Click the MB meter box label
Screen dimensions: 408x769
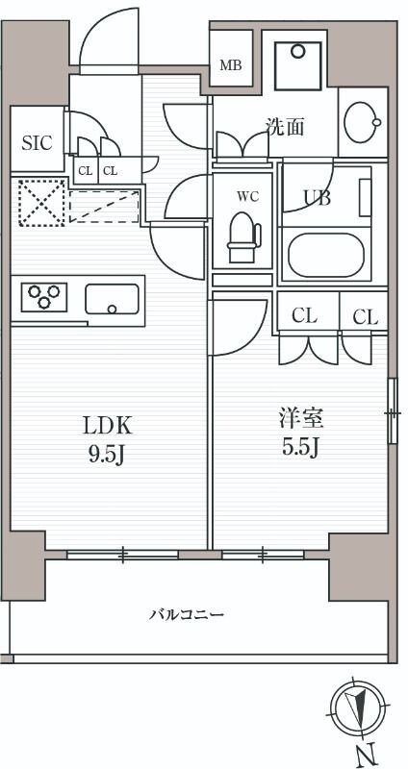tap(231, 65)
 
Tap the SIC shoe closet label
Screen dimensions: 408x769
tap(37, 142)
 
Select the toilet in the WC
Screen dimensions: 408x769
tap(244, 236)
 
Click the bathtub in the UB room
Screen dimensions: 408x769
tap(326, 255)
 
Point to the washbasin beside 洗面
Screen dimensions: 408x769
tap(363, 122)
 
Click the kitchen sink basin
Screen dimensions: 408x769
tap(112, 299)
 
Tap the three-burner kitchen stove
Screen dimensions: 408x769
tap(44, 297)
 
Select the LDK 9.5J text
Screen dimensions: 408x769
tap(107, 440)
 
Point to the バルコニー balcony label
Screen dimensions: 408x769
tap(187, 614)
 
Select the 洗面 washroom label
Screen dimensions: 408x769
tap(285, 127)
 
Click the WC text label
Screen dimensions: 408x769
tap(248, 197)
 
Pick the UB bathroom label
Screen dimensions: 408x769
tap(317, 198)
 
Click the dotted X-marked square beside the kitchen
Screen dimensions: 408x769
tap(42, 203)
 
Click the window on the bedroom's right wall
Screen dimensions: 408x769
tap(393, 411)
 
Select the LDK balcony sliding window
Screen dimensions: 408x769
tap(122, 555)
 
